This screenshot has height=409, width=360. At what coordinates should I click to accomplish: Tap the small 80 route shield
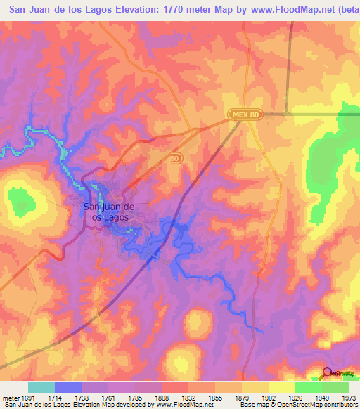(x=175, y=160)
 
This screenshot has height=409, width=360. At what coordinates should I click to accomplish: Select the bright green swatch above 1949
(x=309, y=387)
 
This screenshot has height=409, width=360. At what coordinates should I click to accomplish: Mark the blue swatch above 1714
(x=68, y=387)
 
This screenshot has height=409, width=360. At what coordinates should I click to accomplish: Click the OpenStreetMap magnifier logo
(x=327, y=374)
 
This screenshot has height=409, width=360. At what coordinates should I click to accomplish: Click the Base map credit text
(x=277, y=404)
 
